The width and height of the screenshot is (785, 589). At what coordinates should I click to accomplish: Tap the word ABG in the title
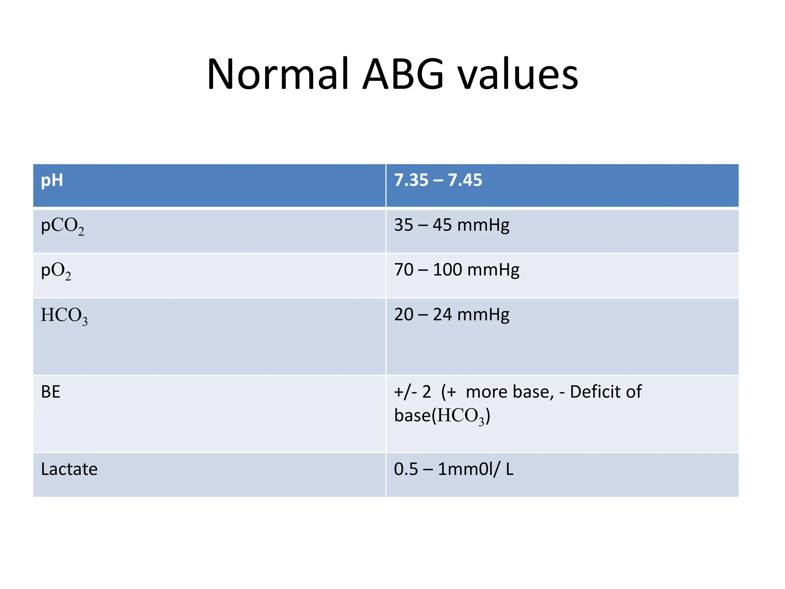pyautogui.click(x=403, y=74)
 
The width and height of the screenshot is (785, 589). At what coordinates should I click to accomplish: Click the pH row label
pyautogui.click(x=52, y=180)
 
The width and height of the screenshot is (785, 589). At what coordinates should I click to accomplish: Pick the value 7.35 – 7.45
pyautogui.click(x=438, y=180)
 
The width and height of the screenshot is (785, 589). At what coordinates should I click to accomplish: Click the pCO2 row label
pyautogui.click(x=62, y=226)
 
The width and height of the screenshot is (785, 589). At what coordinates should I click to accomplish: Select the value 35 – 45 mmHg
pyautogui.click(x=452, y=225)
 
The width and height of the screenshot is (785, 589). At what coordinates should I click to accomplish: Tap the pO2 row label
pyautogui.click(x=56, y=271)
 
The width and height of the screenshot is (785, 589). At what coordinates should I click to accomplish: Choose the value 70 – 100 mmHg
pyautogui.click(x=457, y=270)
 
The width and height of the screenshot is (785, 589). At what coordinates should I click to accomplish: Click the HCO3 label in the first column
pyautogui.click(x=64, y=316)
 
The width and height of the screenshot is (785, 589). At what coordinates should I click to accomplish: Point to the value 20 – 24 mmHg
pyautogui.click(x=452, y=315)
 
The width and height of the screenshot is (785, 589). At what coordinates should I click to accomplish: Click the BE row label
pyautogui.click(x=51, y=392)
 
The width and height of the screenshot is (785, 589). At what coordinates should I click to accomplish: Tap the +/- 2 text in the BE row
pyautogui.click(x=412, y=392)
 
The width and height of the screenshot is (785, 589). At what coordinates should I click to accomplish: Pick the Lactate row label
pyautogui.click(x=69, y=469)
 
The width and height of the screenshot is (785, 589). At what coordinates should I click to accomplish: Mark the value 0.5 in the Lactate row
pyautogui.click(x=406, y=469)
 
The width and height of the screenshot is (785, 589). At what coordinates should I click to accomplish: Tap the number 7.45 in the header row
pyautogui.click(x=465, y=180)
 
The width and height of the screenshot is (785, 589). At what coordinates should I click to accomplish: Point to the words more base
pyautogui.click(x=510, y=392)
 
